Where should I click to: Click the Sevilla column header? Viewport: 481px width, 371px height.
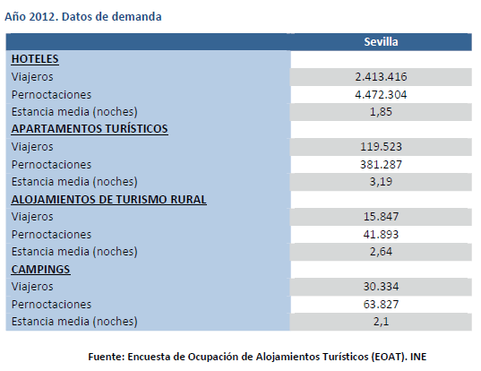point(381,42)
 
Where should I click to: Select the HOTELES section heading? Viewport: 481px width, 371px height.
point(35,59)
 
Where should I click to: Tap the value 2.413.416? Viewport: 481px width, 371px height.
point(381,77)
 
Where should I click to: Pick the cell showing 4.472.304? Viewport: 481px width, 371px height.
point(381,94)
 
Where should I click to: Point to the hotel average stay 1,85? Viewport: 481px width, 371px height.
point(381,112)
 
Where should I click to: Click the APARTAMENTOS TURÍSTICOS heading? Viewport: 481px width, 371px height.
point(90,129)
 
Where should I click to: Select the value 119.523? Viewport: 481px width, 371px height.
point(381,147)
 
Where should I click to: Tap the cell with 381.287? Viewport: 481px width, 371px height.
point(381,164)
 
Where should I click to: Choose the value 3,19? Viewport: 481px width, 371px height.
point(381,182)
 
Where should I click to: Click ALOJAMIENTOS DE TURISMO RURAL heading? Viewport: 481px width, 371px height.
point(108,199)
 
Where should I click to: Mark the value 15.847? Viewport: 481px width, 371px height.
point(381,217)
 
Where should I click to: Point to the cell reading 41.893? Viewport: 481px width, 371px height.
point(381,234)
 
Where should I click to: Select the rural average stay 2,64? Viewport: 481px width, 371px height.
point(381,252)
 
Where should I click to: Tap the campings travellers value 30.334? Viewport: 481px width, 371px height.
point(381,287)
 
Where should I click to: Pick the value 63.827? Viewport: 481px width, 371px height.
point(381,304)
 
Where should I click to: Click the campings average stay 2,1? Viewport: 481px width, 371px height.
point(381,322)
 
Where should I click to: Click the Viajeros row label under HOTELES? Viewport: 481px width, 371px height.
point(32,77)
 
